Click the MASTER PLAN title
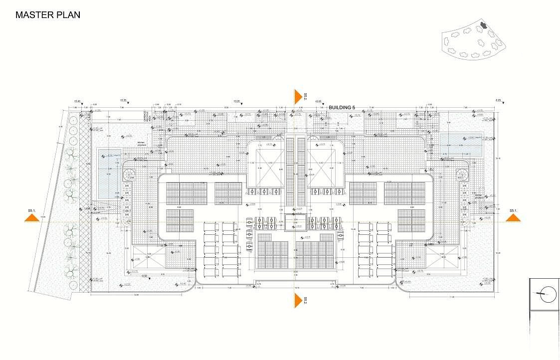coord(48,15)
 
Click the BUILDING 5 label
coord(342,107)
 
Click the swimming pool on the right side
coord(461,145)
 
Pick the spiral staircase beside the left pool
coord(130,174)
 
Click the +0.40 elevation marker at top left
coord(77,101)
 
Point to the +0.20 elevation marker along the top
coord(237,101)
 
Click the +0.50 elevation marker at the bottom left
coord(144,276)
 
